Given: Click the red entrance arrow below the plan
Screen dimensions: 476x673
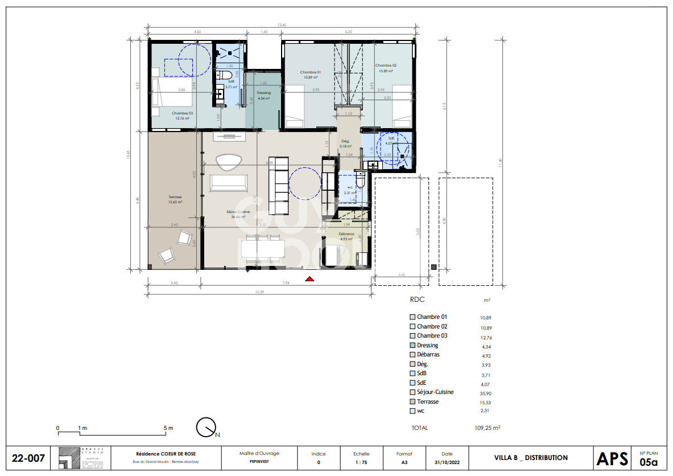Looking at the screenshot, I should [x=309, y=278].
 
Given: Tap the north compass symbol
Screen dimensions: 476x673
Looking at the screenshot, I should [x=206, y=427].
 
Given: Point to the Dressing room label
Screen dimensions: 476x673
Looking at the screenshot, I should [x=264, y=93].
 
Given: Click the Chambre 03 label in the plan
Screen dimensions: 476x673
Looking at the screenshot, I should [x=183, y=113].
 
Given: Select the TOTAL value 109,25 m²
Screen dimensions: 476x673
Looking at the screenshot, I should [x=488, y=428].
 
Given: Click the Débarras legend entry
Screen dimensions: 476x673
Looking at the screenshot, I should [x=428, y=355].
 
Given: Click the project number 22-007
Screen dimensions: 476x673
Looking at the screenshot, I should [x=28, y=458].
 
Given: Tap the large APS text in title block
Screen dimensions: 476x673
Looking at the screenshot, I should [x=612, y=458].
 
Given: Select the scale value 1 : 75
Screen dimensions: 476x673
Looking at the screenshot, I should [x=360, y=462].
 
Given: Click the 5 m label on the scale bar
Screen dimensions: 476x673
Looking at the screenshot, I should [x=168, y=428].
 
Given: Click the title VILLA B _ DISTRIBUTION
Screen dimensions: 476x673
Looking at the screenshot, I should [x=531, y=458].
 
